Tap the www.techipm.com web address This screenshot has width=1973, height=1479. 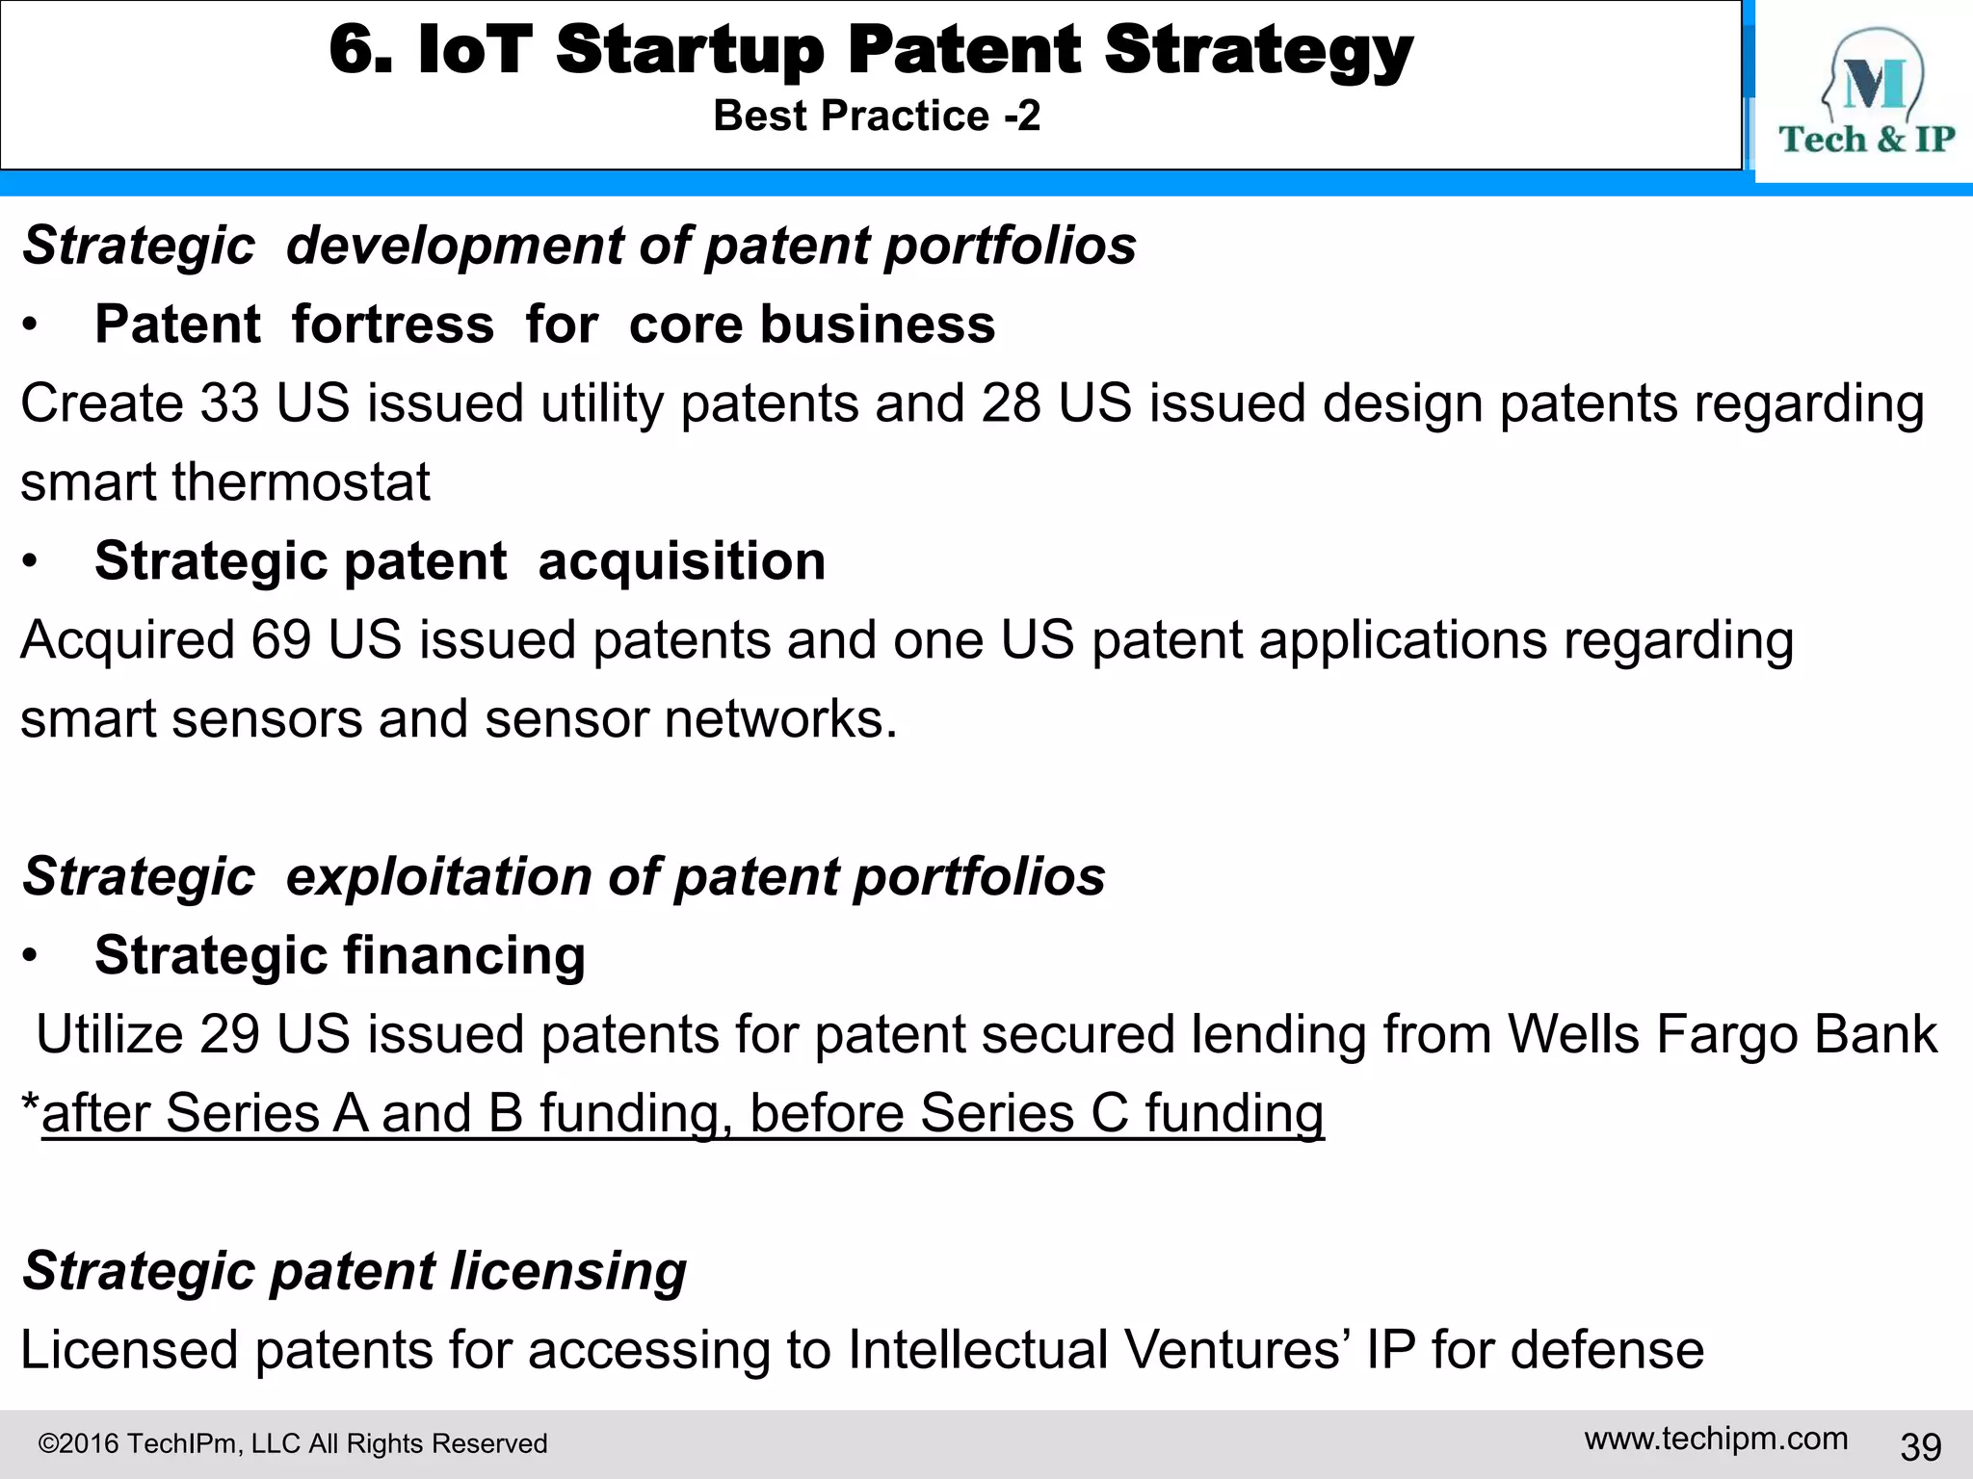[1716, 1439]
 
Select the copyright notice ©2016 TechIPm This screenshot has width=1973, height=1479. [292, 1443]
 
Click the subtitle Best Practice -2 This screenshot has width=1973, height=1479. [877, 117]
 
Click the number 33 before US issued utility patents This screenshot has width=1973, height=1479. [229, 402]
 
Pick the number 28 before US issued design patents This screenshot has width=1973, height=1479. [1011, 402]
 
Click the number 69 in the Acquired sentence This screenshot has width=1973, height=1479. [280, 639]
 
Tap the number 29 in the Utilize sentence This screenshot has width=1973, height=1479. [229, 1034]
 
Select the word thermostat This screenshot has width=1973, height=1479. [301, 481]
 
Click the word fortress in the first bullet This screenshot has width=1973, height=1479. [393, 324]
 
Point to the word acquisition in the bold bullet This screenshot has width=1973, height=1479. [681, 561]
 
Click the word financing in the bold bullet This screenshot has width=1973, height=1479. [464, 956]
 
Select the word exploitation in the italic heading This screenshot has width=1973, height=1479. [438, 877]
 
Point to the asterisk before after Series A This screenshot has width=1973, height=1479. [30, 1103]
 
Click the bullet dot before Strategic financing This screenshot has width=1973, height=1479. [31, 956]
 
